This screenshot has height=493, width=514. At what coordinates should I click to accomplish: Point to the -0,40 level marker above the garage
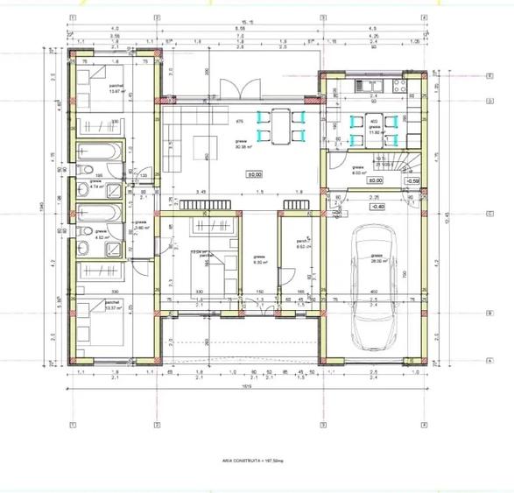tap(378, 206)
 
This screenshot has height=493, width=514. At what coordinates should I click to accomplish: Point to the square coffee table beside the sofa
tap(207, 144)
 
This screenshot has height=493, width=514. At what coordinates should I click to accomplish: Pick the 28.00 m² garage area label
tap(378, 260)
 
